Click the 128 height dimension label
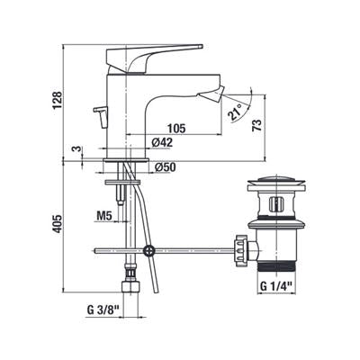coord(58,100)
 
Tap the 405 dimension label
coord(58,224)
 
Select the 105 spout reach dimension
coord(176,129)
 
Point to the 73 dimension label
coord(257,124)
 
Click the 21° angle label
coord(236,112)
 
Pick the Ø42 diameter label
coord(162,142)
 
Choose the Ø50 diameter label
coord(166,167)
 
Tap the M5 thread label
coord(104,215)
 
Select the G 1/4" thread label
coord(276,286)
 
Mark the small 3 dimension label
coord(77,149)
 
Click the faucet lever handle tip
coord(201,47)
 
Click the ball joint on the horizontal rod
coord(148,250)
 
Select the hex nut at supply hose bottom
coord(131,286)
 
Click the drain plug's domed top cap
coord(276,181)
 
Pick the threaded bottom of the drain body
coord(276,266)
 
